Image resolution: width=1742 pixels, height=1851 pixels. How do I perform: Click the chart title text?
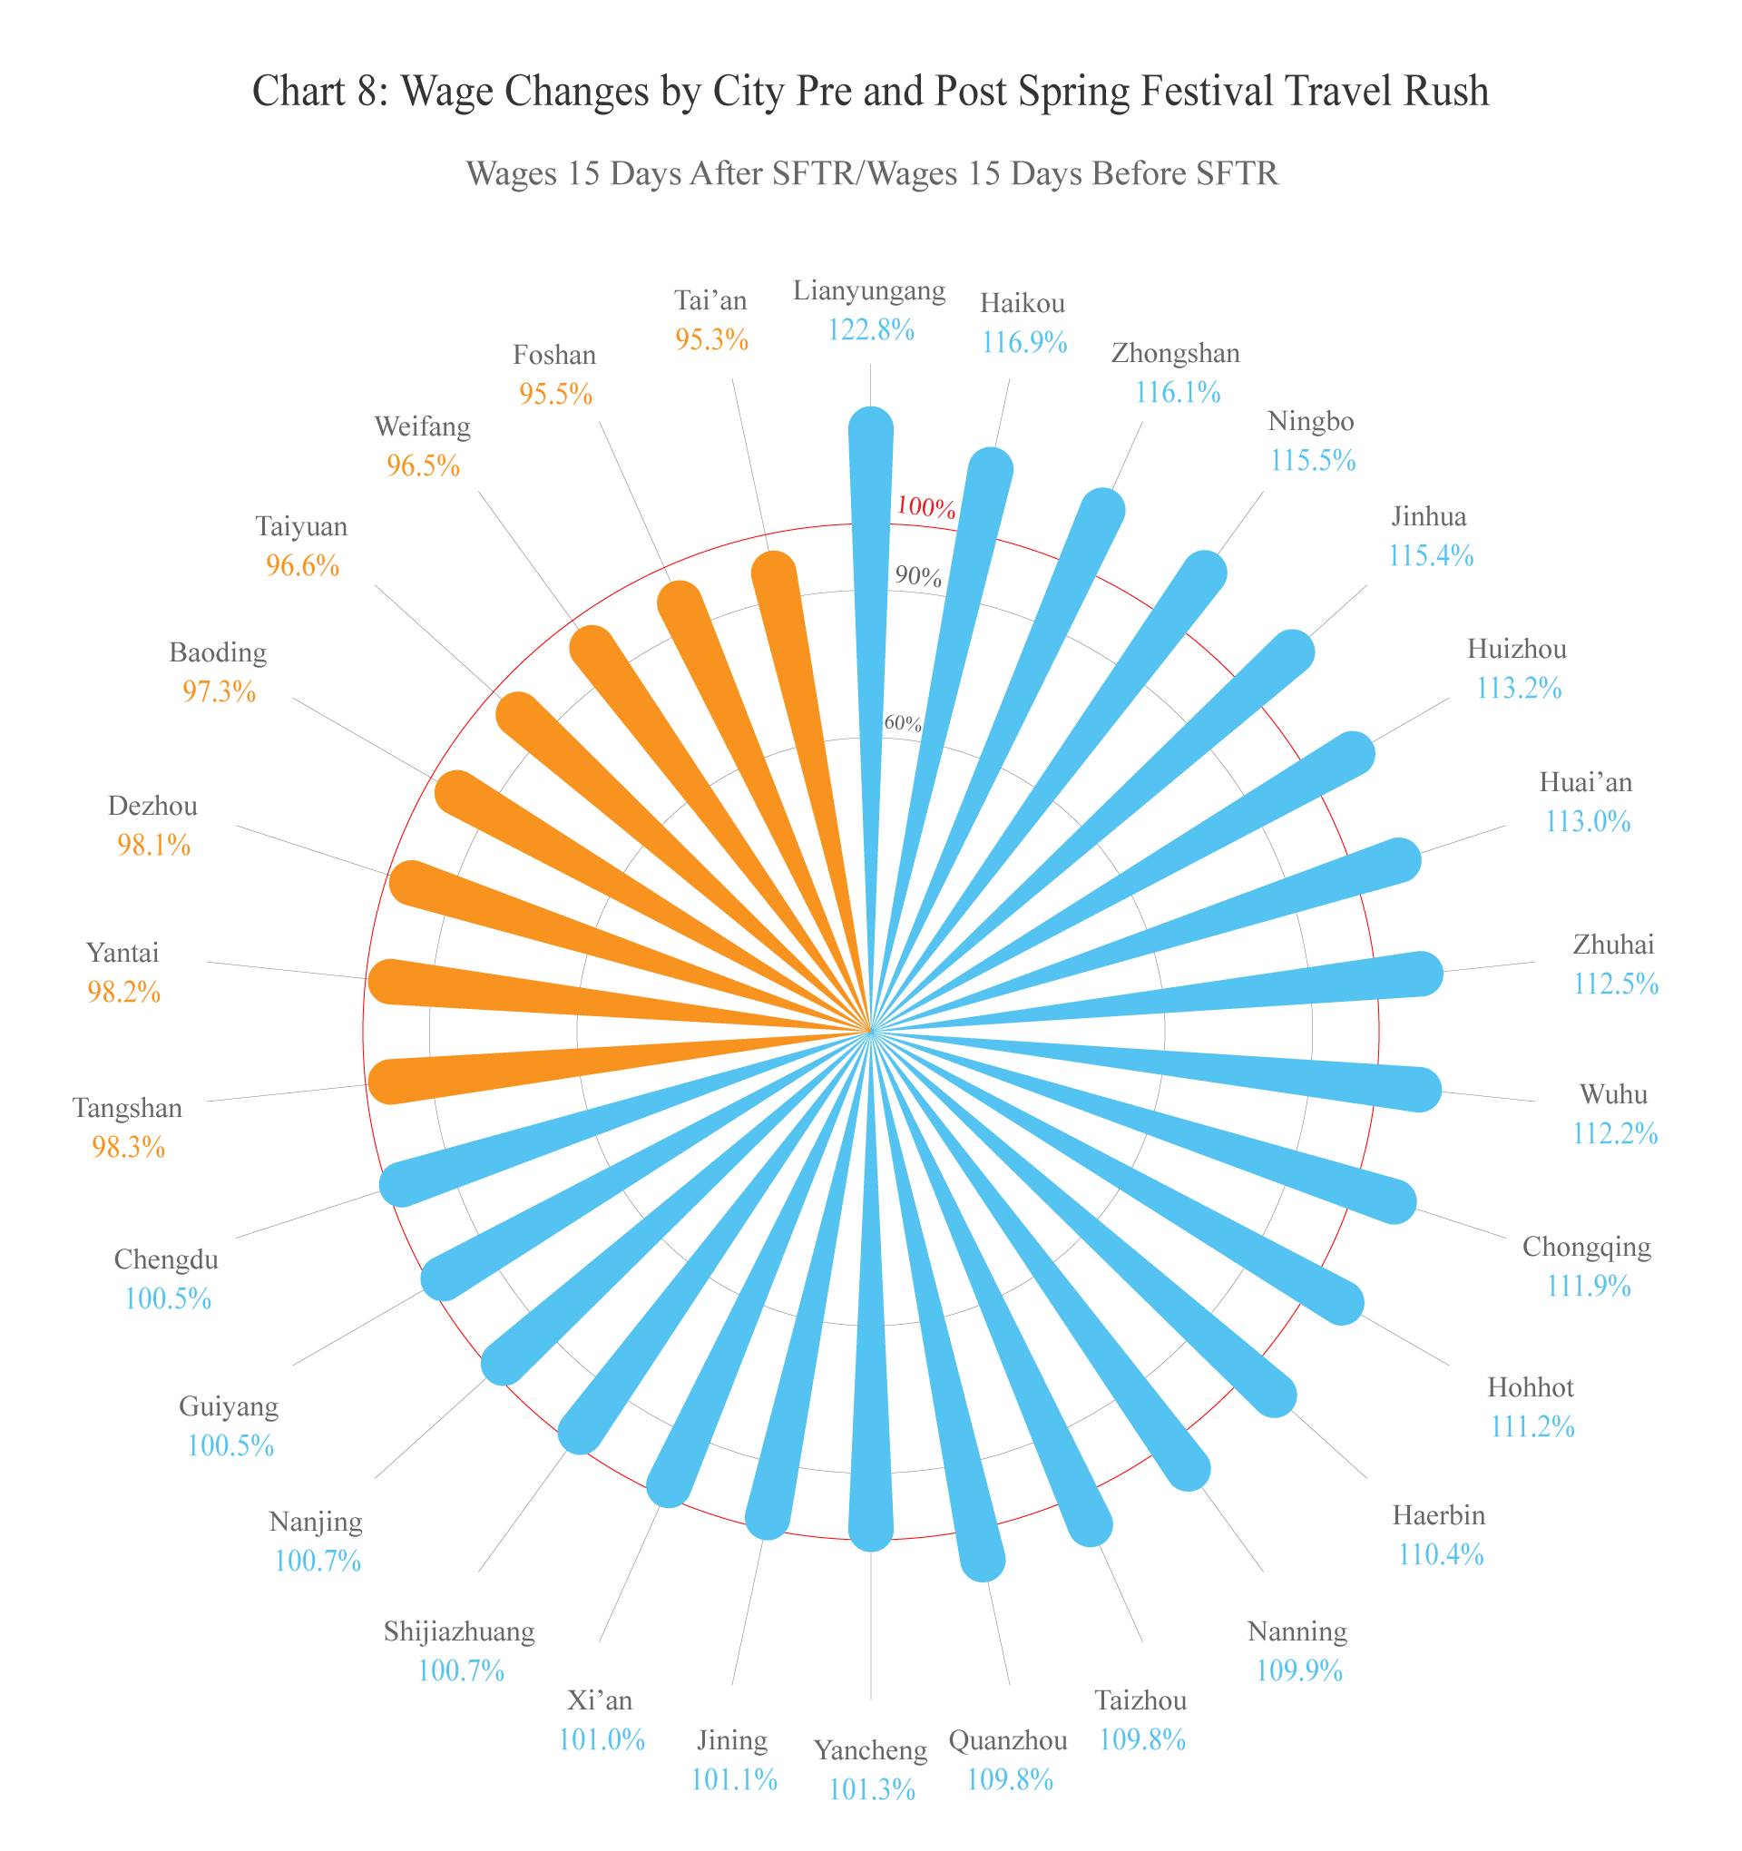tap(870, 93)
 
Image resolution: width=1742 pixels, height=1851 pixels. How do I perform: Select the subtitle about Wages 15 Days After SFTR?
tap(872, 174)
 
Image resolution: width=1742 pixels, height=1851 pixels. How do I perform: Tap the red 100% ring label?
tap(925, 507)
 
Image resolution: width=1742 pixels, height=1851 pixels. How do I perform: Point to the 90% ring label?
tap(918, 576)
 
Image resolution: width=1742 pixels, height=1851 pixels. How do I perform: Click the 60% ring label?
tap(902, 722)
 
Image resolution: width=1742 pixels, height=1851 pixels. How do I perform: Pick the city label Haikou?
tap(1023, 304)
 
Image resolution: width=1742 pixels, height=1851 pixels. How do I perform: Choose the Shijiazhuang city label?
tap(460, 1631)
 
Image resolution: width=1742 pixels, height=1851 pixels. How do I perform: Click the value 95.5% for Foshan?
tap(556, 394)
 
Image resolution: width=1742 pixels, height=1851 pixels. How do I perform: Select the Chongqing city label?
tap(1587, 1247)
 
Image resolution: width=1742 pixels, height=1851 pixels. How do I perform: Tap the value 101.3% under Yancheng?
tap(872, 1789)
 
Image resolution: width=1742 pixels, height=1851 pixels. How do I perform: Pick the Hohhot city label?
tap(1531, 1387)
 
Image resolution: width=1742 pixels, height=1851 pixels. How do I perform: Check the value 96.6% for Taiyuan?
tap(303, 565)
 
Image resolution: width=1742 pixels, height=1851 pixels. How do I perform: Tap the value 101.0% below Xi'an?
tap(602, 1739)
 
